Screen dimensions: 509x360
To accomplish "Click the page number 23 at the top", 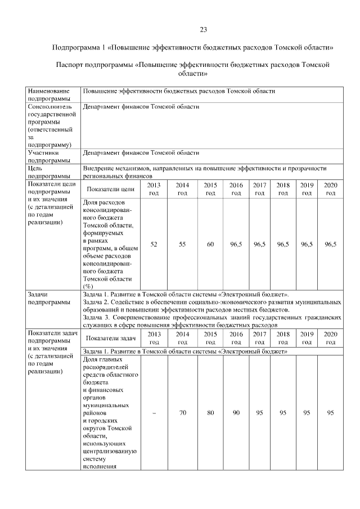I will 204,30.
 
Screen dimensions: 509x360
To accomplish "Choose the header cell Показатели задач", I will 110,338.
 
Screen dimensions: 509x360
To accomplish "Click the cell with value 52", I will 154,244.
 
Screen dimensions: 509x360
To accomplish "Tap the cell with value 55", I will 182,244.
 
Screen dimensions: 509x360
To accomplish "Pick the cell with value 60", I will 210,244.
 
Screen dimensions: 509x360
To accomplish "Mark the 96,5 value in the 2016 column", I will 236,244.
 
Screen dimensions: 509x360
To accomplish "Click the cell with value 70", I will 182,413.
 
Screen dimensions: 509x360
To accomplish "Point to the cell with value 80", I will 210,413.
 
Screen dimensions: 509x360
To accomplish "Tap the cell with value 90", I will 236,413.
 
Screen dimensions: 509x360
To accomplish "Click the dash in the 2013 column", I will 154,413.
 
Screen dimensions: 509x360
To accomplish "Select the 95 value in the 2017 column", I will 259,413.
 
